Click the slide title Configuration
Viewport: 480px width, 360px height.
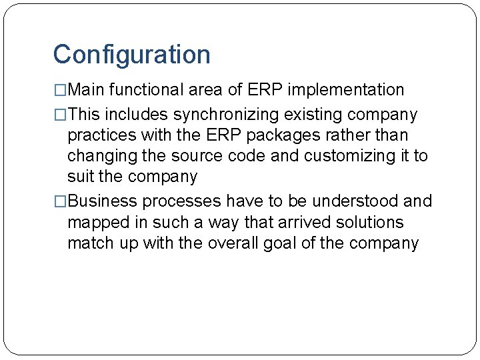point(131,55)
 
